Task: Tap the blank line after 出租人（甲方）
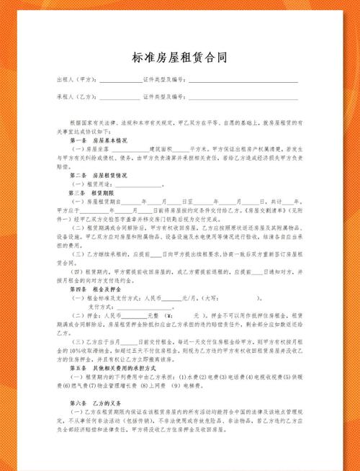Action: (120, 81)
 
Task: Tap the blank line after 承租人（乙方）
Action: (120, 97)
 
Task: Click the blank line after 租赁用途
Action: (143, 184)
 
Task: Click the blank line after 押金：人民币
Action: (133, 315)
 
